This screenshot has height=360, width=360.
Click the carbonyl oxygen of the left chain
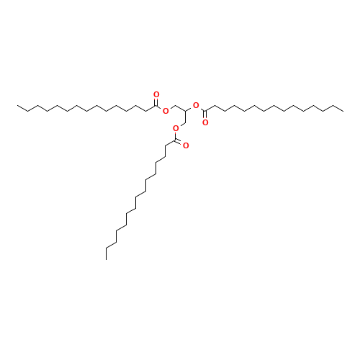click(156, 94)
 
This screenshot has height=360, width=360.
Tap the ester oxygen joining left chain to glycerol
click(166, 111)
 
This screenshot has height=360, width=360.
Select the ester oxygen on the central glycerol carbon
click(196, 105)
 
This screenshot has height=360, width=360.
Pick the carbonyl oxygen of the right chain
click(206, 122)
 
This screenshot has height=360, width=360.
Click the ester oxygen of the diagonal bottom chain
click(175, 128)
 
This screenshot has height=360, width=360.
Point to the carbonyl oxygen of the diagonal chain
click(186, 145)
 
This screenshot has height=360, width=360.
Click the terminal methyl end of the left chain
click(19, 106)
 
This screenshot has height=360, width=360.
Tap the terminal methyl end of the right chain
click(342, 110)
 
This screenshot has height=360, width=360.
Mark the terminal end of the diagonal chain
click(107, 248)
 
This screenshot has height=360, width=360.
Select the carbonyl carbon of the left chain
click(156, 106)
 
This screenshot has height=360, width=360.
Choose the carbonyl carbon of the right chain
click(206, 111)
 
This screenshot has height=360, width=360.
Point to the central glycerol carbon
click(186, 111)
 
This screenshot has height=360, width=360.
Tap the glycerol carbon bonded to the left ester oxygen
click(176, 106)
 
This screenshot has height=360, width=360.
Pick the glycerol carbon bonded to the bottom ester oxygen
click(185, 122)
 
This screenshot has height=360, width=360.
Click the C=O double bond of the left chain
click(156, 100)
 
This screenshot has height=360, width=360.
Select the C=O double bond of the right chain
click(206, 117)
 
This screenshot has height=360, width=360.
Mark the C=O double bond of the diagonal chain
click(180, 143)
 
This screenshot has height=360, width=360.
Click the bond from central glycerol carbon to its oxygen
click(191, 108)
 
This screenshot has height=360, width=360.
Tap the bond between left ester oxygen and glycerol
click(171, 108)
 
